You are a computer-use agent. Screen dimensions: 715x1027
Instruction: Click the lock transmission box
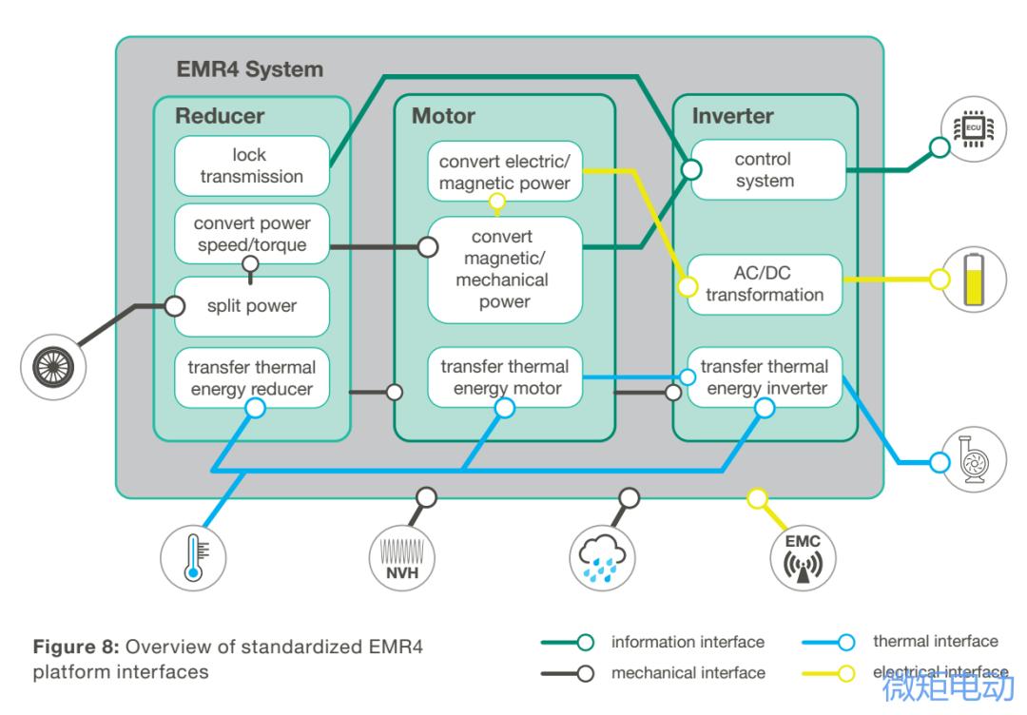click(x=251, y=165)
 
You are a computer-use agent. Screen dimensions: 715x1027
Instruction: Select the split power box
click(x=251, y=306)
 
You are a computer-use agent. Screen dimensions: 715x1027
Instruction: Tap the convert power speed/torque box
click(x=251, y=235)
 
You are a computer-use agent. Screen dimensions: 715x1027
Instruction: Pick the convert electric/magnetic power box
click(x=504, y=172)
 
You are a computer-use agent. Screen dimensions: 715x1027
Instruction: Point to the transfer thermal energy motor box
click(x=504, y=377)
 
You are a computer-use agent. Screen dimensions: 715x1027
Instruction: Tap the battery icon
click(x=973, y=280)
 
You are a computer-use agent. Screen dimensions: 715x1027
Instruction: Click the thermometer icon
click(x=193, y=557)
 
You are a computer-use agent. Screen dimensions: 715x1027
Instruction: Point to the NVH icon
click(x=400, y=557)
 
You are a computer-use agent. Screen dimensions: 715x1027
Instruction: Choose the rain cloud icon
click(x=602, y=557)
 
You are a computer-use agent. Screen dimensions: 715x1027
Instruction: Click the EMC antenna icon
click(x=802, y=557)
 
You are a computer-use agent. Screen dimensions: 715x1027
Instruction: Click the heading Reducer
click(x=220, y=116)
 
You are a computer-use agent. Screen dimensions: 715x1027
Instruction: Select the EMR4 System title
click(x=250, y=69)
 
